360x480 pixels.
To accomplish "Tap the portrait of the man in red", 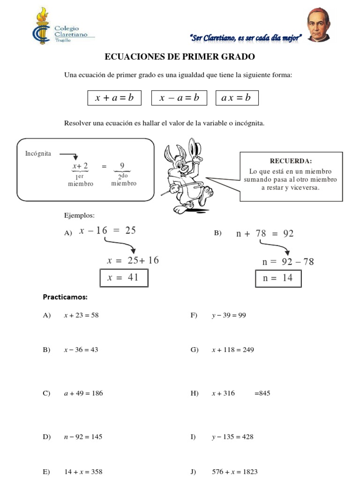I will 319,26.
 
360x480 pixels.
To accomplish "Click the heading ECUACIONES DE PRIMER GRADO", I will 180,57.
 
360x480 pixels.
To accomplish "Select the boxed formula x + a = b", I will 114,97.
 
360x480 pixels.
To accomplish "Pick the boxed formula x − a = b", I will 179,97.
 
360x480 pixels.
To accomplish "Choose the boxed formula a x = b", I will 237,97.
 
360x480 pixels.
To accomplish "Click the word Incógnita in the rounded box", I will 38,153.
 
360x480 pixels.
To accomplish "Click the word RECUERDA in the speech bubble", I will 291,161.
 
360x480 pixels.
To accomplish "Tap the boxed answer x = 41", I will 123,277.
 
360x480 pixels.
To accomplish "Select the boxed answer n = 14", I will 278,278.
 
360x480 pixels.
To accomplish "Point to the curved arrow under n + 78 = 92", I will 274,246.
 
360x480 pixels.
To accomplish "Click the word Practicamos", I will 65,297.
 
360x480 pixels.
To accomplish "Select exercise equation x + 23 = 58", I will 81,315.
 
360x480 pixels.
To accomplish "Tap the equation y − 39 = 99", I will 229,315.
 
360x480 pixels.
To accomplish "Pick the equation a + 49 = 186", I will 83,393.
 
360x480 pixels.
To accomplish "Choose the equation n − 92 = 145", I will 83,437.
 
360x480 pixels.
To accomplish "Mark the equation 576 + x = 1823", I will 234,472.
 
